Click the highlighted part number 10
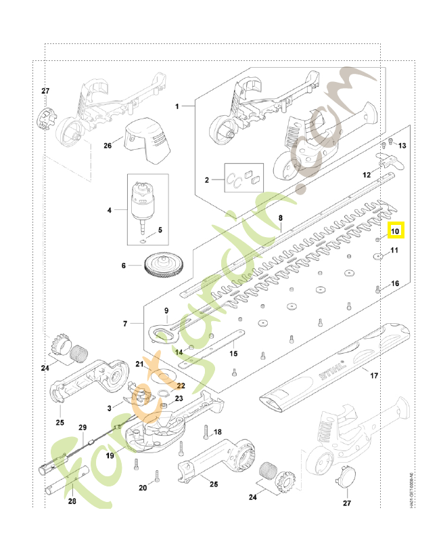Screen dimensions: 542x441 click(x=396, y=232)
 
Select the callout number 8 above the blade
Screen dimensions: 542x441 click(x=280, y=217)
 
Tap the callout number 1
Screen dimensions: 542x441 click(x=177, y=106)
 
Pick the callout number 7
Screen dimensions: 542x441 click(x=126, y=325)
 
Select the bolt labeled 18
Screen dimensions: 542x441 click(x=203, y=429)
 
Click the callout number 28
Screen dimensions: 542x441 click(x=72, y=502)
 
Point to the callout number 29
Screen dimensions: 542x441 click(x=83, y=428)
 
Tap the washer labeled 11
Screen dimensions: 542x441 click(x=376, y=256)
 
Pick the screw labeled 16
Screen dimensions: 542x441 click(x=377, y=289)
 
